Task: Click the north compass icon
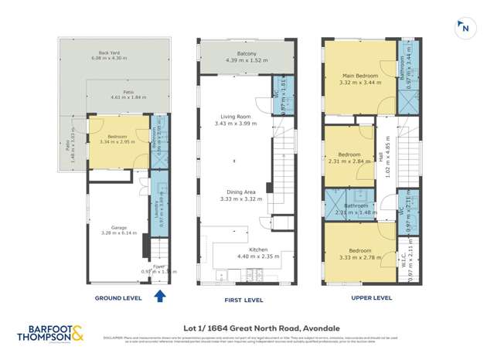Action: pyautogui.click(x=464, y=28)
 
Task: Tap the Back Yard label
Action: pyautogui.click(x=112, y=55)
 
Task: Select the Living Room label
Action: pyautogui.click(x=233, y=117)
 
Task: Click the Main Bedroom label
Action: pyautogui.click(x=360, y=76)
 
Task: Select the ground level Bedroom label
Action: pyautogui.click(x=112, y=137)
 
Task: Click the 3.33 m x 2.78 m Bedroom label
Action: pyautogui.click(x=359, y=251)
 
